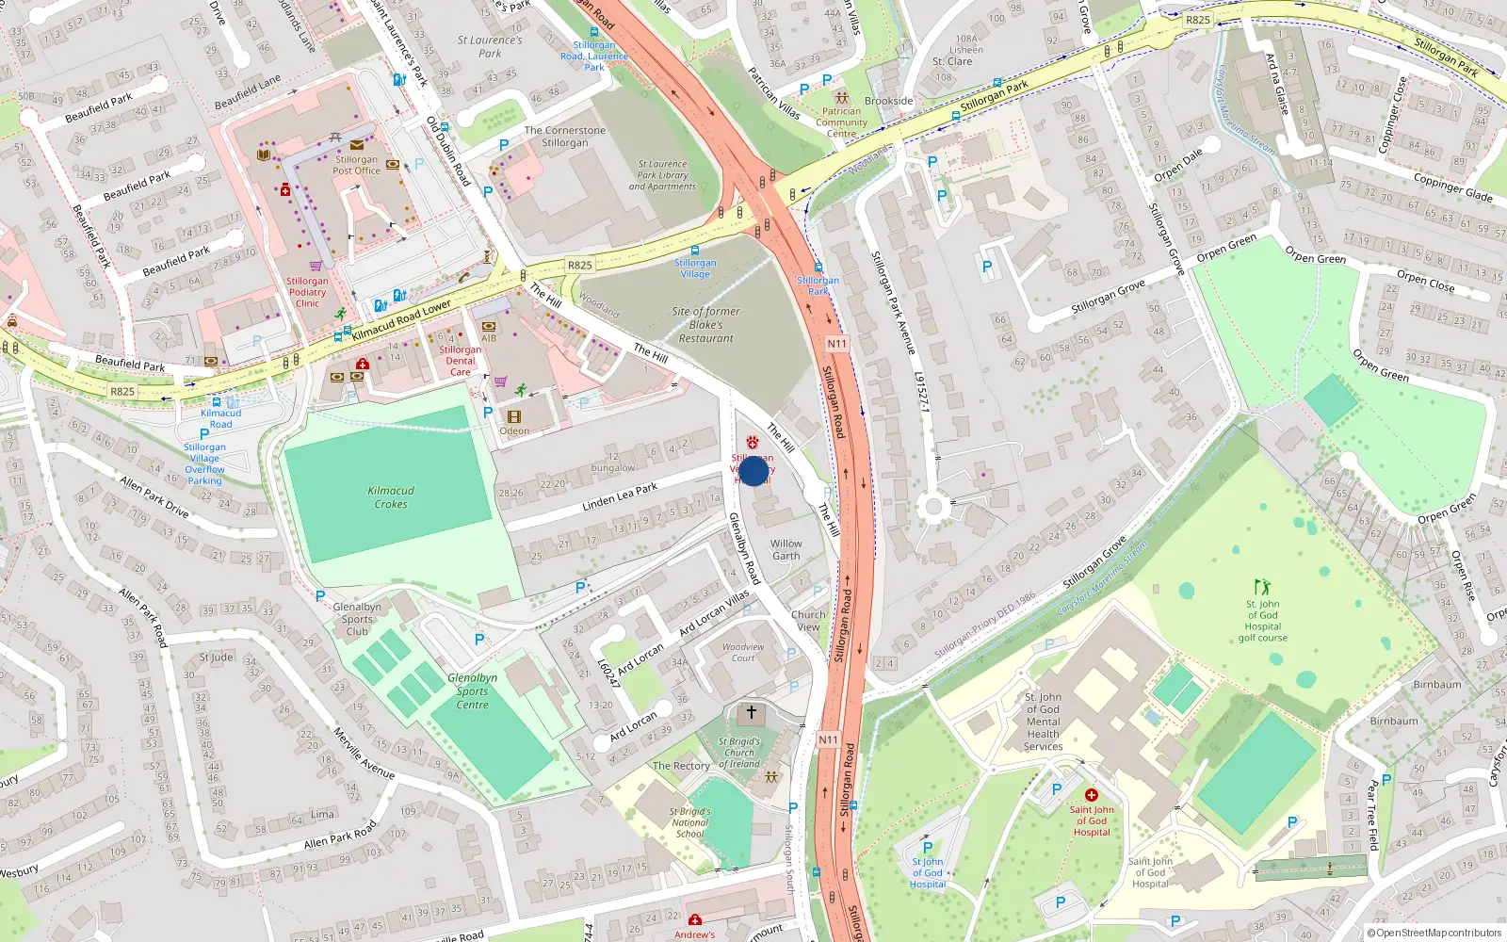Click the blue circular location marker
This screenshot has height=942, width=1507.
coord(753,471)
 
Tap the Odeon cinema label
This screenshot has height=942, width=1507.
coord(514,430)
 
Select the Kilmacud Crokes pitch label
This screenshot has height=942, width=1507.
coord(391,497)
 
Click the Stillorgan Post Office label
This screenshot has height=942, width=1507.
coord(356,165)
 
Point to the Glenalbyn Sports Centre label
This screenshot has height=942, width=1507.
coord(472,691)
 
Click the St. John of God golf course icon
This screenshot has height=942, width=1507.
coord(1262,587)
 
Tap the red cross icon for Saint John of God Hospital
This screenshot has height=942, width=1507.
coord(1091,795)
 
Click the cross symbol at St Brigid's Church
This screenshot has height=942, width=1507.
coord(751,713)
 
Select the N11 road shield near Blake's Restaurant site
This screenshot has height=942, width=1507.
coord(836,344)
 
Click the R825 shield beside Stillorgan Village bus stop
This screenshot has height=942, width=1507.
coord(579,265)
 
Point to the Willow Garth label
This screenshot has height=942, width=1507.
coord(786,549)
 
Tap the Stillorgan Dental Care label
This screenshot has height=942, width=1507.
coord(460,361)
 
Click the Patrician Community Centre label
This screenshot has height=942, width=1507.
coord(841,122)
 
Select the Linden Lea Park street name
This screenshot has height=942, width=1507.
coord(620,496)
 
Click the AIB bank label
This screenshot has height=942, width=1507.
coord(489,338)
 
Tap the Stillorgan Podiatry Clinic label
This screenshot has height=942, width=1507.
coord(307,292)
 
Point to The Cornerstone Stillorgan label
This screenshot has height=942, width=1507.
coord(564,137)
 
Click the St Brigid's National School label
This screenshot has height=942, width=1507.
coord(689,822)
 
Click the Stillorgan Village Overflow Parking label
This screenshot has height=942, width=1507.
coord(204,463)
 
